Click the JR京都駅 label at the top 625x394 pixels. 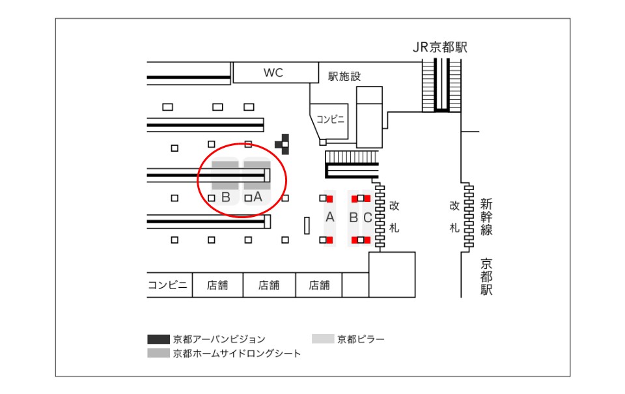click(x=440, y=48)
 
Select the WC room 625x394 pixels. click(x=273, y=72)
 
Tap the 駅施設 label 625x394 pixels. click(x=344, y=76)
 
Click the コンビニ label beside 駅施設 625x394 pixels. click(x=330, y=119)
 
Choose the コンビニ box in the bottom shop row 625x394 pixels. click(x=168, y=285)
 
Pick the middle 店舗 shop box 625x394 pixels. click(x=268, y=285)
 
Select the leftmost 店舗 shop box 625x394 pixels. click(x=217, y=285)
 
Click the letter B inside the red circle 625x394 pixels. click(x=226, y=197)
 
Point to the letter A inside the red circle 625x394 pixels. click(x=257, y=196)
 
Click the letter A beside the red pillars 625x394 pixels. click(x=329, y=218)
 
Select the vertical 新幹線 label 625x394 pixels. click(x=486, y=216)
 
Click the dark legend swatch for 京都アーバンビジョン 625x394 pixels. click(x=158, y=339)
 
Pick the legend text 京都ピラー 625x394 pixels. click(x=361, y=339)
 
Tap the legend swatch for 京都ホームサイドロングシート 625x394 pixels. click(x=158, y=353)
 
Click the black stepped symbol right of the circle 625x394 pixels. click(x=283, y=143)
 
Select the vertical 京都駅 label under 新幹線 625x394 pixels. click(x=486, y=277)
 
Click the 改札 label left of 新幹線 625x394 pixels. click(x=454, y=216)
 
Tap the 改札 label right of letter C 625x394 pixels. click(x=394, y=216)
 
